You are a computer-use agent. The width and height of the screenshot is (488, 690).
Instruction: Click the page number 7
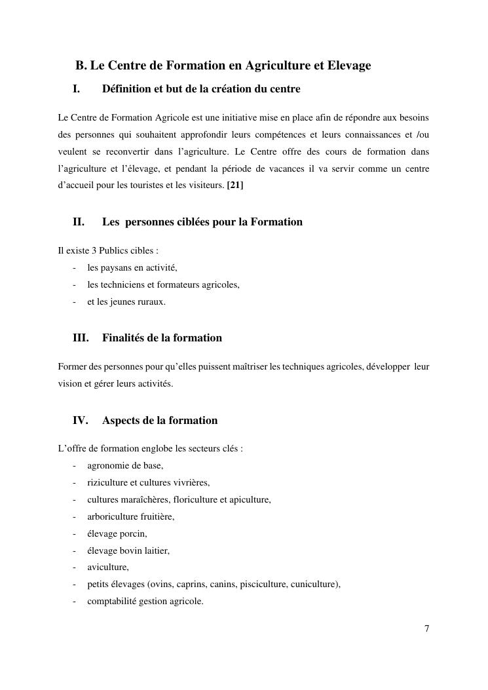(426, 629)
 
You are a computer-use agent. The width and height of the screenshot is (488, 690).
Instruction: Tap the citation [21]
(235, 185)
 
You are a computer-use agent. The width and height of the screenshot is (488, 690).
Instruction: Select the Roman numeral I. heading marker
(77, 88)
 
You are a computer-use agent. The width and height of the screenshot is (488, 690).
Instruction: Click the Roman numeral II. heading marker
(79, 221)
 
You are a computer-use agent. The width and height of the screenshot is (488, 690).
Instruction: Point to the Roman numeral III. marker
(81, 338)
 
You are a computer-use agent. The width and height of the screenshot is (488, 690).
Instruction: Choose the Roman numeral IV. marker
(80, 420)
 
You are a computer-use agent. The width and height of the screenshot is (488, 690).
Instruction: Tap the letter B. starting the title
(81, 66)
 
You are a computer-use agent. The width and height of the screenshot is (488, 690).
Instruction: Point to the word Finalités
(126, 338)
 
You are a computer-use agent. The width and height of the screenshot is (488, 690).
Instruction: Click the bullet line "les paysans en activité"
(132, 267)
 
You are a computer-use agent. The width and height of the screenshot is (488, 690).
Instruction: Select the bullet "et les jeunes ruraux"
(126, 302)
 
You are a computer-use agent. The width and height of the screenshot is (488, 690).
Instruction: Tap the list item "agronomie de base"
(125, 466)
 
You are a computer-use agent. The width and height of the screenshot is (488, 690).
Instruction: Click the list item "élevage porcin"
(117, 533)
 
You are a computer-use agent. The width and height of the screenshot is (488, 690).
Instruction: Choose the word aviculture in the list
(108, 567)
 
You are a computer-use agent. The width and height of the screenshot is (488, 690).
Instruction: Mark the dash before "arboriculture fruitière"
(75, 517)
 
